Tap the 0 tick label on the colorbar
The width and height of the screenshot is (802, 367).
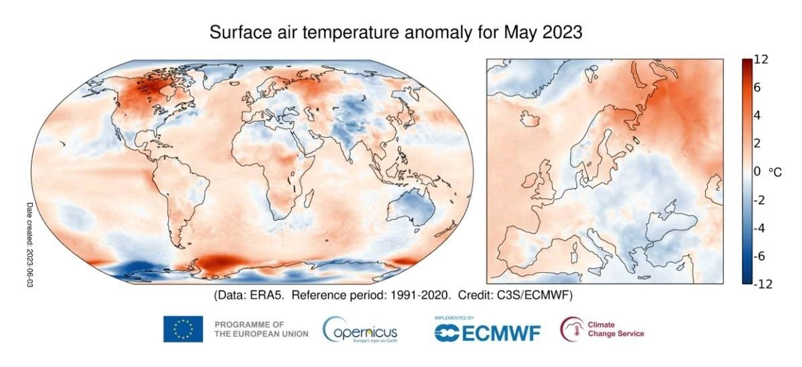[757, 171]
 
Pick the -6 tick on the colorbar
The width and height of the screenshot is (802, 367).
[760, 256]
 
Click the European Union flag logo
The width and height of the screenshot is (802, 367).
[183, 329]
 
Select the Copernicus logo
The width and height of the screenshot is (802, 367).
[360, 330]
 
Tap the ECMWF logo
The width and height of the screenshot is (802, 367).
[487, 331]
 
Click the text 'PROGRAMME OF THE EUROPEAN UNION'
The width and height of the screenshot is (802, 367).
[261, 329]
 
